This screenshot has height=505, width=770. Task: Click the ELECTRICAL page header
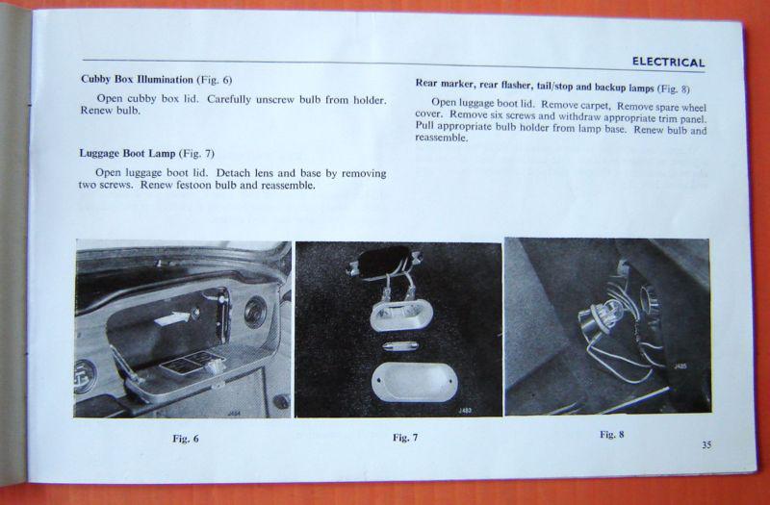(668, 63)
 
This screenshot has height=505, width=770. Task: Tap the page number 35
(706, 445)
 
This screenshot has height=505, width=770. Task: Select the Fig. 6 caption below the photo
(186, 439)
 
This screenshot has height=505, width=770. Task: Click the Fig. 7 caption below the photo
(405, 438)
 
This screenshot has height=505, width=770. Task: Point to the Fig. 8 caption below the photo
(612, 435)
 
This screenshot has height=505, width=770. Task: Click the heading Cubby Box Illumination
(137, 79)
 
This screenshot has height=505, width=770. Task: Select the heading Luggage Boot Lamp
(127, 153)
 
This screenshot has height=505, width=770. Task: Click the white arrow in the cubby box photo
(171, 318)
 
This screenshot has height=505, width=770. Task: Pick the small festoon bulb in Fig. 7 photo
(400, 346)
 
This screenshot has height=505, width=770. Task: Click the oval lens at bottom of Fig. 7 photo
(415, 381)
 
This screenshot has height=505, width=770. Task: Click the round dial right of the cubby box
(255, 312)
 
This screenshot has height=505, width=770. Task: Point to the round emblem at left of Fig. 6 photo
(85, 376)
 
